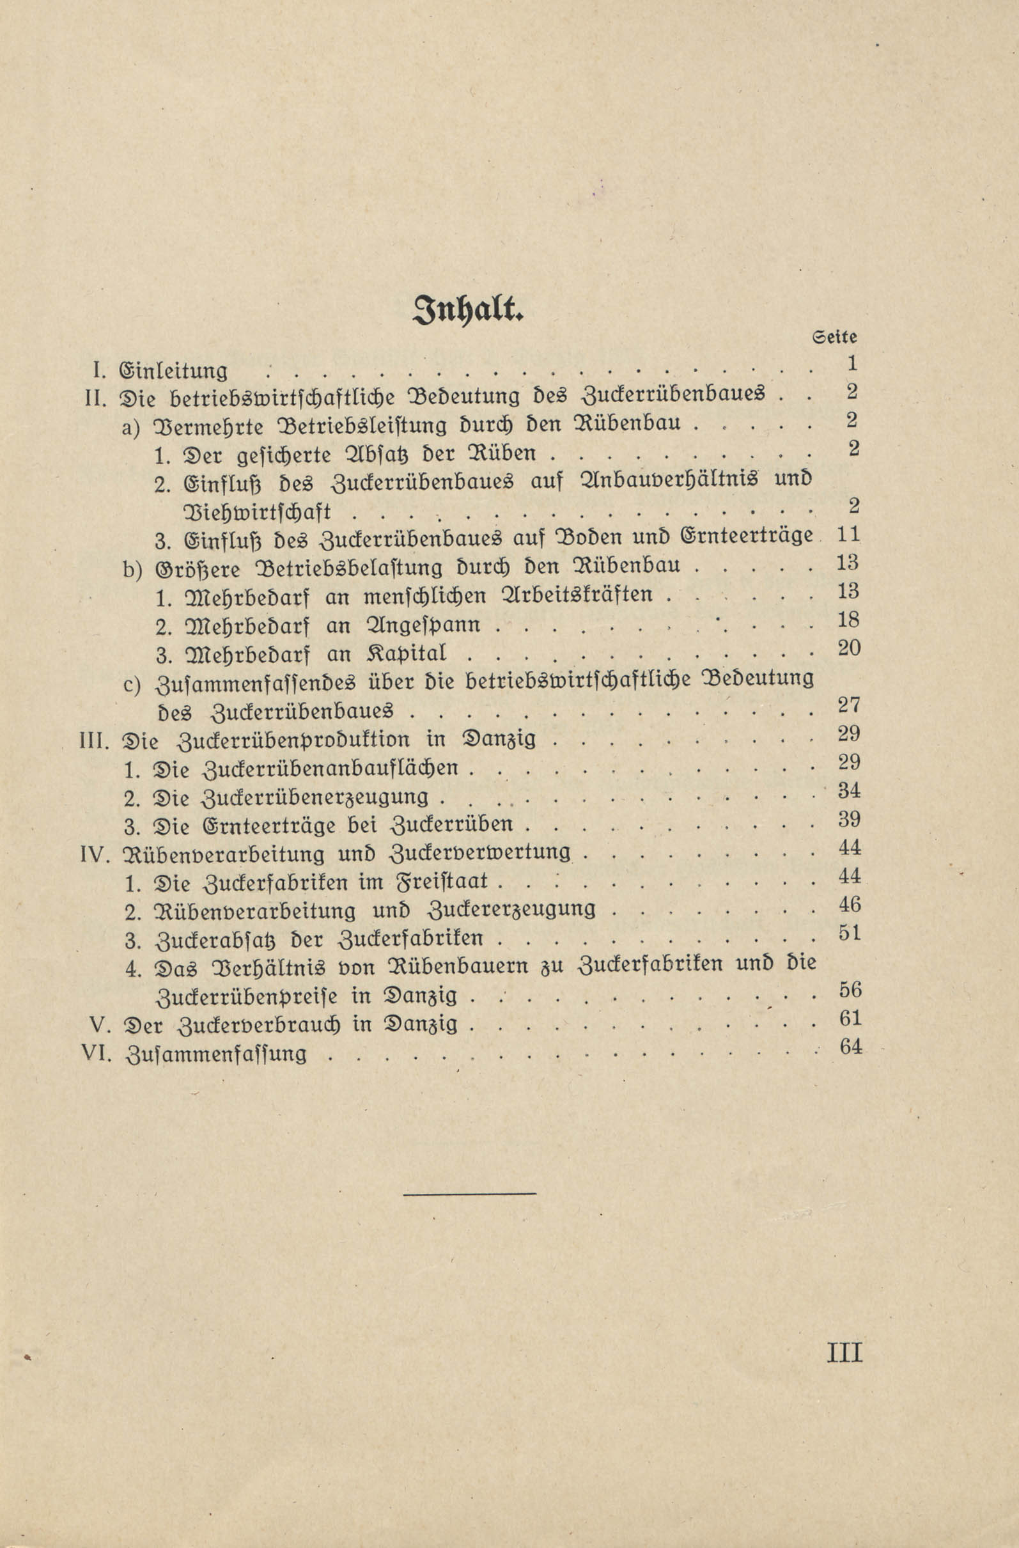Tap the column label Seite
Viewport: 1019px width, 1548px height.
click(835, 338)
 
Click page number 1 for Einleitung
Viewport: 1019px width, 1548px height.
click(853, 363)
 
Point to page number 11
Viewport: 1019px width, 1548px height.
click(848, 535)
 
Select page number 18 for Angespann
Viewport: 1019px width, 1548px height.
click(848, 620)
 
